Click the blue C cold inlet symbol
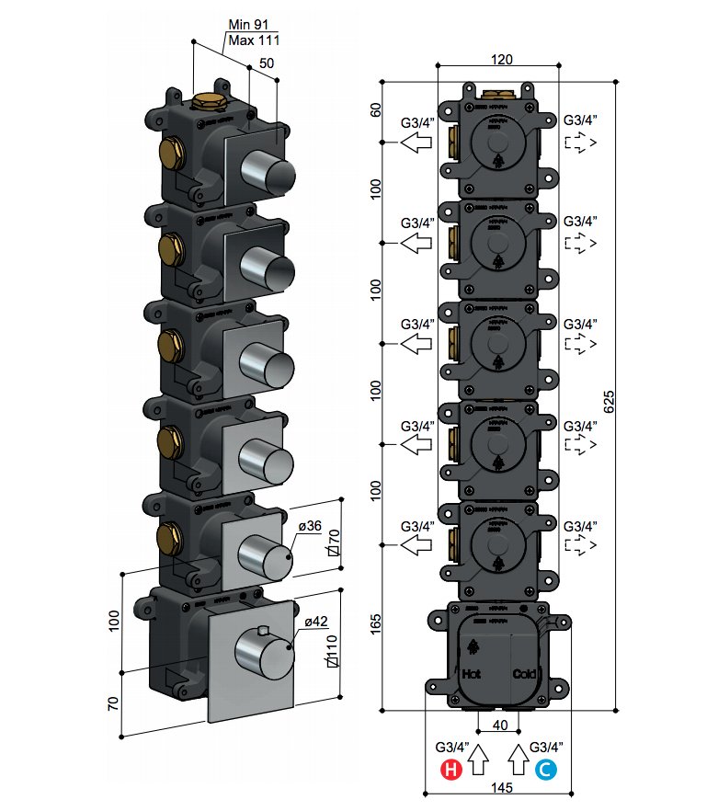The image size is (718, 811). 546,771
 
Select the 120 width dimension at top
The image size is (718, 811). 501,58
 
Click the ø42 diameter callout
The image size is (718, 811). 315,622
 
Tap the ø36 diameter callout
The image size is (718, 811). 310,528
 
